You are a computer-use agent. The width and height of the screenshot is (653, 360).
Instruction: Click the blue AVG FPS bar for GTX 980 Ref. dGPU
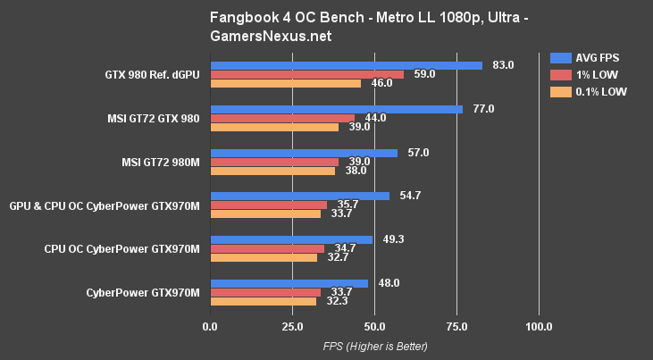(x=346, y=65)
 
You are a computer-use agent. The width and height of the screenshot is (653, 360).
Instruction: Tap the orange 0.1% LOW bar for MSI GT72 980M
(x=272, y=171)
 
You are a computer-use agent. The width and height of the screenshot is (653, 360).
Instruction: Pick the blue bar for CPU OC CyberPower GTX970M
(x=291, y=239)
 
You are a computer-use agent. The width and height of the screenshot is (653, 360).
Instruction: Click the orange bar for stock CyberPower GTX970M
(x=263, y=301)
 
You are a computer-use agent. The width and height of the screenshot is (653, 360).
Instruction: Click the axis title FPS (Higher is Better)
(x=374, y=346)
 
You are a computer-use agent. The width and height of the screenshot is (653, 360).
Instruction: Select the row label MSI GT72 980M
(x=159, y=162)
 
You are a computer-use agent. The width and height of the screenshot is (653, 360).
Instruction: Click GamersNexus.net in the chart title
(x=271, y=37)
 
